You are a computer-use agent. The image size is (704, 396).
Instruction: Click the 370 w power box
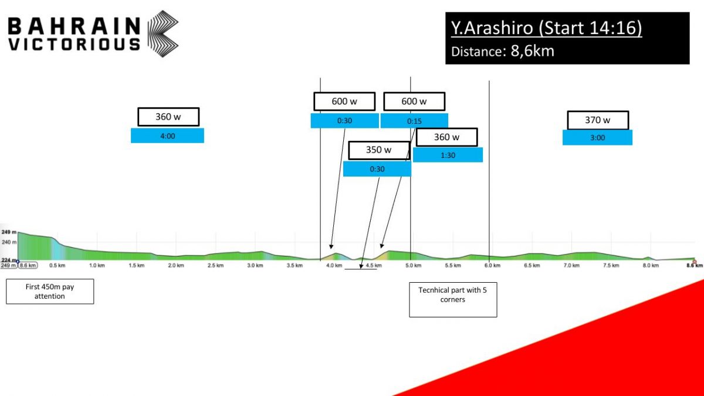[x=598, y=120]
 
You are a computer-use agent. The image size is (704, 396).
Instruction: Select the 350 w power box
[x=379, y=150]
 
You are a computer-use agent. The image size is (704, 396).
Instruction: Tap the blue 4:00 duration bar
[x=168, y=136]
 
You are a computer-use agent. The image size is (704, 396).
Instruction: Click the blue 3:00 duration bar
[x=597, y=138]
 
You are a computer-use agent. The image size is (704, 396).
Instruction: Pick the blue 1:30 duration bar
[x=448, y=155]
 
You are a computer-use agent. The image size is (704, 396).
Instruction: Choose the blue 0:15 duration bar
[x=414, y=121]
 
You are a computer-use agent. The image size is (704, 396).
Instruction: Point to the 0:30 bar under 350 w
[x=377, y=169]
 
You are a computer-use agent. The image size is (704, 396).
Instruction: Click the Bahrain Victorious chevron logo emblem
[x=163, y=34]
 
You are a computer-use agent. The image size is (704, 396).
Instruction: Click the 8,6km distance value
[x=533, y=51]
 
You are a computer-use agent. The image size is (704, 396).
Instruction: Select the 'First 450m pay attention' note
[x=50, y=292]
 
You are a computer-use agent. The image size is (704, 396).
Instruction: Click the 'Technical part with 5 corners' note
[x=453, y=300]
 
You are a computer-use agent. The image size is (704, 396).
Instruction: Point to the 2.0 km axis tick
[x=176, y=266]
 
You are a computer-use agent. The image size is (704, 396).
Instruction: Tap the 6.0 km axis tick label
[x=492, y=266]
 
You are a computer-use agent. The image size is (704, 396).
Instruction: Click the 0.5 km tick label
[x=57, y=266]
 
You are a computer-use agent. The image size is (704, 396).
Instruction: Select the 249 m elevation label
[x=9, y=232]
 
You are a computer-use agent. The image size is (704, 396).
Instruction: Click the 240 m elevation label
[x=9, y=242]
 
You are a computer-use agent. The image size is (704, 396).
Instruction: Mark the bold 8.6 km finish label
[x=694, y=266]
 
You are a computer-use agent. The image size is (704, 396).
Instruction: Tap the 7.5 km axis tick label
[x=611, y=266]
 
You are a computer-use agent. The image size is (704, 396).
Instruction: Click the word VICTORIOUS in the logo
[x=74, y=45]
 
